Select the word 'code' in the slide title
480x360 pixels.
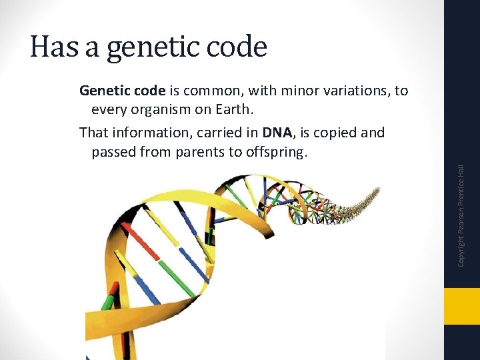tap(237, 47)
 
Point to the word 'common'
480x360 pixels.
tap(209, 91)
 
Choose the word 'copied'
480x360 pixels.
tap(334, 133)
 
